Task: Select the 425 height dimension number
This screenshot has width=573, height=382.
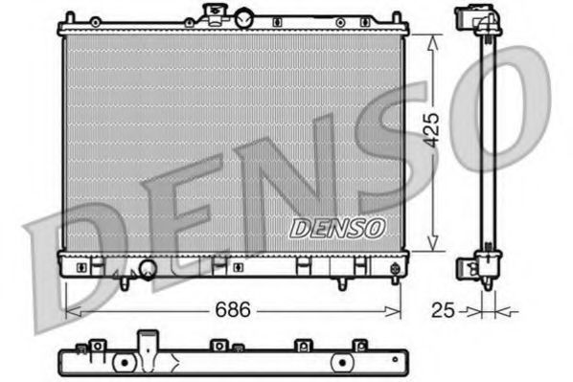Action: [x=433, y=127]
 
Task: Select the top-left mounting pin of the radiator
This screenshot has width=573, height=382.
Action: [x=70, y=17]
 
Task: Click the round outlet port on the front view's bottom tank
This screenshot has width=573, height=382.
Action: [x=147, y=269]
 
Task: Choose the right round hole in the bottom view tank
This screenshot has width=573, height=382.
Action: [x=339, y=364]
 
